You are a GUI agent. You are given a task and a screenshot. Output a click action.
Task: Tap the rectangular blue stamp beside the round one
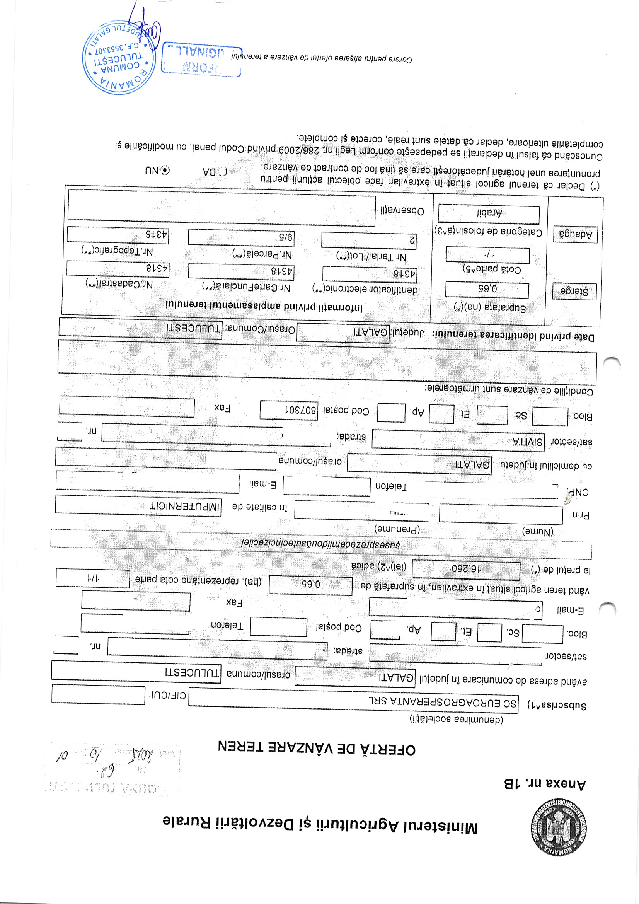tap(201, 59)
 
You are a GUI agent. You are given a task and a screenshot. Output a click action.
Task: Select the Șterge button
tap(574, 292)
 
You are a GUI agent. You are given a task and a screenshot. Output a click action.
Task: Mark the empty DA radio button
tap(223, 172)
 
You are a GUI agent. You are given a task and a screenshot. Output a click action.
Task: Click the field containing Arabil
tap(489, 214)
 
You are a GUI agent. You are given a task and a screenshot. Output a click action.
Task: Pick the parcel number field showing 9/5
tap(241, 237)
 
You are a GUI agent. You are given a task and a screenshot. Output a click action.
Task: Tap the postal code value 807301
tap(289, 410)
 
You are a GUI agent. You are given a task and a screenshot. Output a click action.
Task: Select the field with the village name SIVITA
tap(458, 439)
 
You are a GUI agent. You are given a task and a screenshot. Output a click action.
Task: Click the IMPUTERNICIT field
tap(138, 505)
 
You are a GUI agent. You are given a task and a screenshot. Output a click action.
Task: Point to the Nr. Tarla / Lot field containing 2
tap(368, 240)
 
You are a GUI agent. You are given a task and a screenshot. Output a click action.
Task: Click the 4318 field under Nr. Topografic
tap(118, 234)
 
